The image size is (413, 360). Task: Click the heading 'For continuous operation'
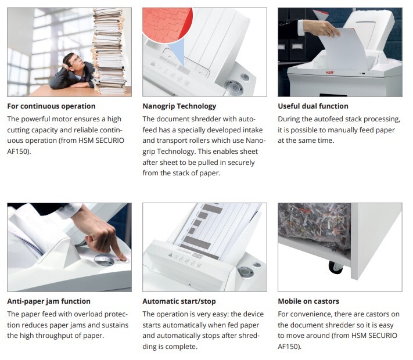(51, 106)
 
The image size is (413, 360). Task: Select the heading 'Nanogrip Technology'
(179, 106)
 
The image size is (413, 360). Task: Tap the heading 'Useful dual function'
(313, 106)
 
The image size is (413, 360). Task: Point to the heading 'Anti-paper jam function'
(49, 301)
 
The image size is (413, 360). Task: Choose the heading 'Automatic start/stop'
(179, 301)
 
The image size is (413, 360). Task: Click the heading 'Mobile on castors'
(308, 301)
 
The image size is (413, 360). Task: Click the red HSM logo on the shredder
(329, 73)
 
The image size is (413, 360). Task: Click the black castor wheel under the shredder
(336, 267)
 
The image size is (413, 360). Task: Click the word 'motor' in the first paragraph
(62, 119)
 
